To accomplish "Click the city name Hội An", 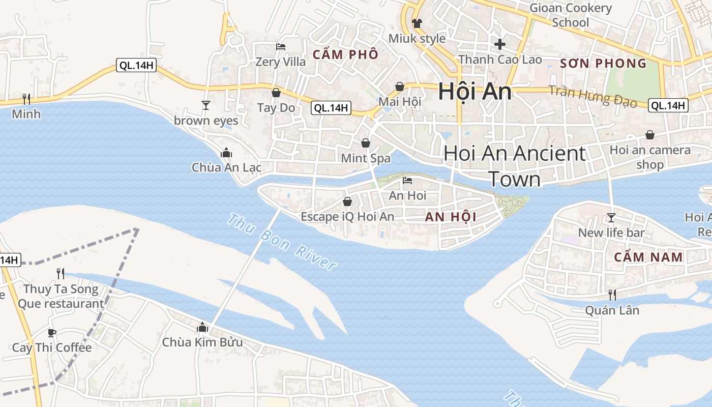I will (x=474, y=92).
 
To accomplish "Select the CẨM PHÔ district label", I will (x=345, y=54).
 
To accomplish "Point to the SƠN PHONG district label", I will (x=603, y=64).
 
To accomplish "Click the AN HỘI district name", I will (x=451, y=217).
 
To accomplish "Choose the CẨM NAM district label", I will (x=648, y=257).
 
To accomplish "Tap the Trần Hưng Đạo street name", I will (x=592, y=96).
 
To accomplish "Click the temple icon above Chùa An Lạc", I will (x=226, y=153).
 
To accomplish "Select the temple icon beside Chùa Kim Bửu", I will (x=202, y=327).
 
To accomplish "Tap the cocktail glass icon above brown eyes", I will (x=206, y=105).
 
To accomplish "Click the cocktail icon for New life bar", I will (x=611, y=218).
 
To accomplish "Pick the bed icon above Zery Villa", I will (x=281, y=47).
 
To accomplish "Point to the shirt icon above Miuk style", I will (x=417, y=23).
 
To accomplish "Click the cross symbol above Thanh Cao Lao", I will (x=500, y=44).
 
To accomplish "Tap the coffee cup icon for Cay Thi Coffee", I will (x=51, y=333).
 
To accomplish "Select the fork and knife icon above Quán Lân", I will (x=612, y=295).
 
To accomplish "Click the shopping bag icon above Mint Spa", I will (x=365, y=143).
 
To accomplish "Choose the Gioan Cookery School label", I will (x=571, y=15).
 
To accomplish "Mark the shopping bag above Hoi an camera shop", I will (x=649, y=135).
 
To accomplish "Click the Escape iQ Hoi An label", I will (x=347, y=217).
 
